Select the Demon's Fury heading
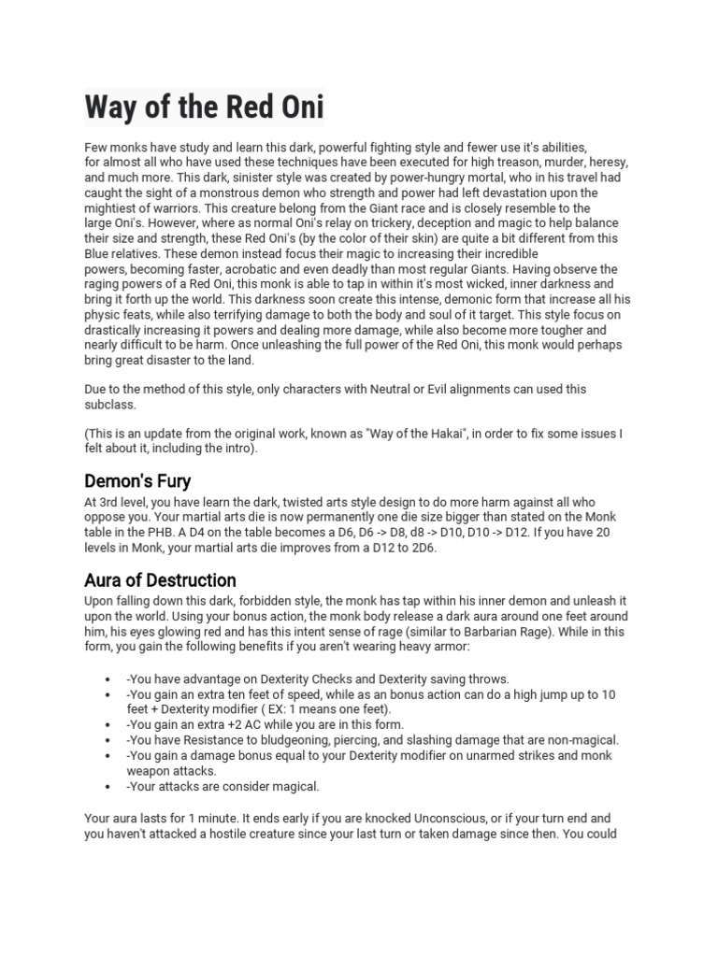(137, 481)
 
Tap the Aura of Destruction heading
(160, 580)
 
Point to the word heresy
(605, 162)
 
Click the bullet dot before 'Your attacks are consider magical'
(111, 786)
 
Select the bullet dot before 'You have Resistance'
(111, 740)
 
